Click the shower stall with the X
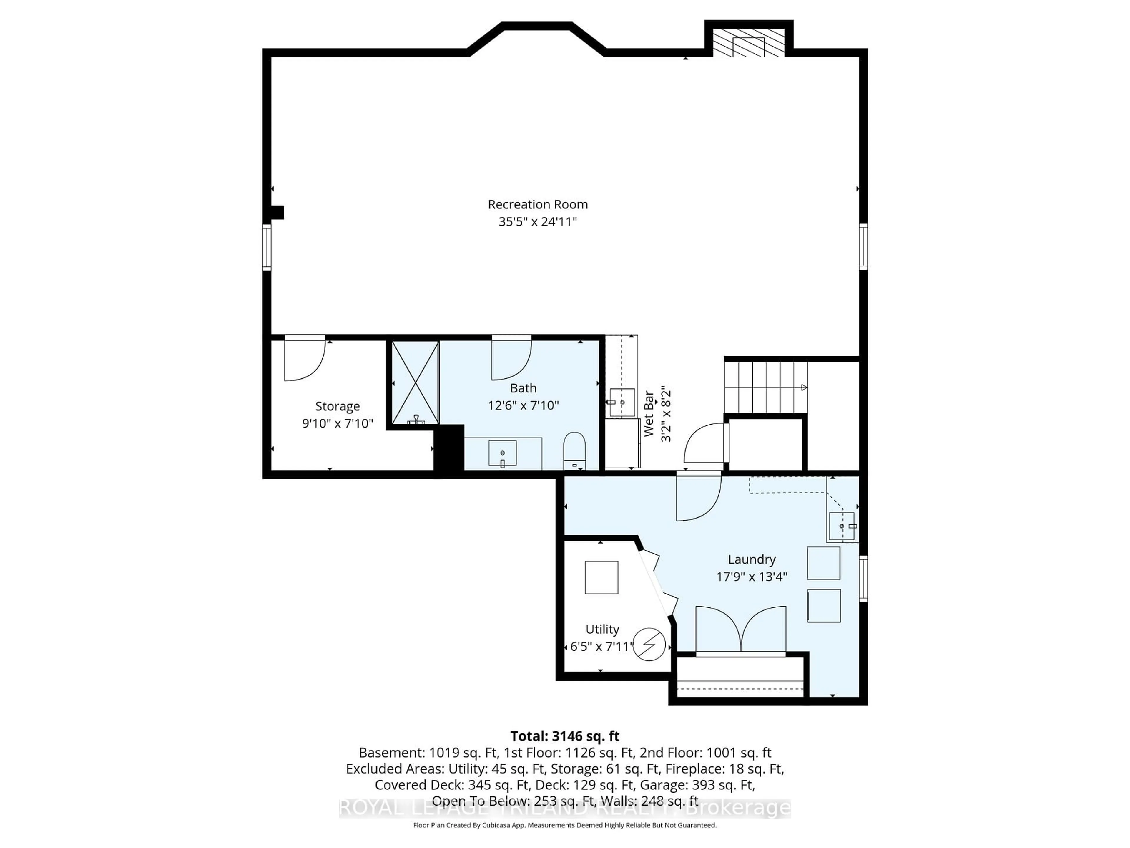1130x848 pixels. [415, 382]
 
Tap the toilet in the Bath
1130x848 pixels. [574, 450]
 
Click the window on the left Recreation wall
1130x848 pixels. [267, 247]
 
